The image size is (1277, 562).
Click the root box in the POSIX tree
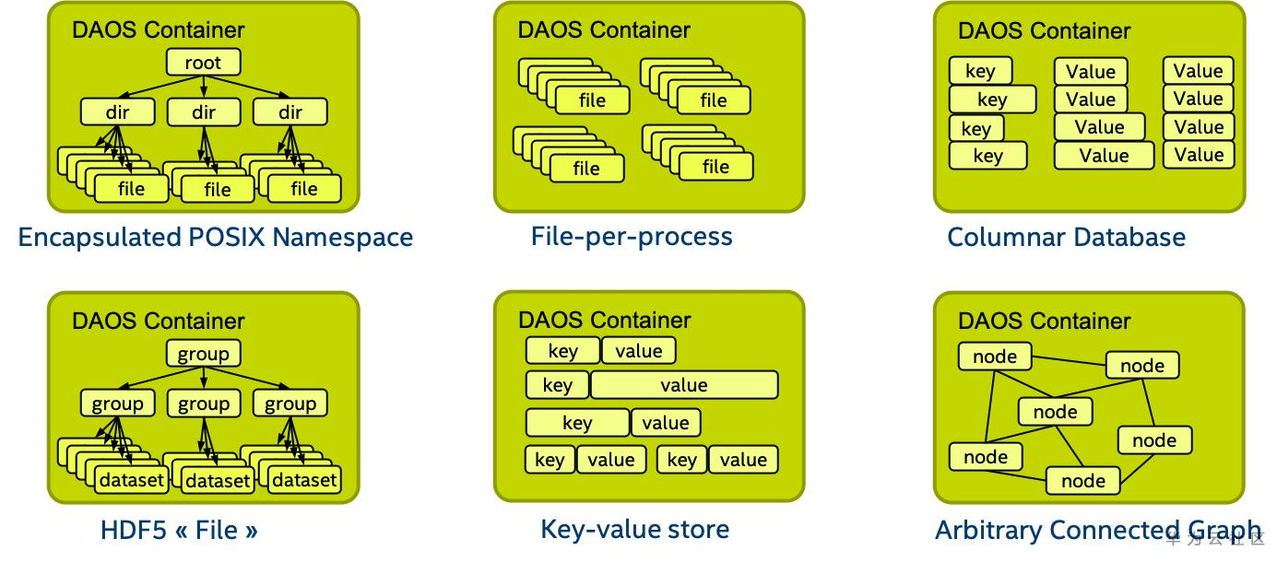(203, 63)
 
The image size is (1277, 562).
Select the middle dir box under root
(203, 112)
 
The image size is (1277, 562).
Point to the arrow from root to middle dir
(203, 87)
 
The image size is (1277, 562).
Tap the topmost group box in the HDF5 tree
(203, 354)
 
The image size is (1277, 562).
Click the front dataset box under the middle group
(218, 480)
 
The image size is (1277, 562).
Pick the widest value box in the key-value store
(683, 385)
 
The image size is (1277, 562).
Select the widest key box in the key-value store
(577, 423)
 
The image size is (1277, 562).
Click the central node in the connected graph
(1055, 411)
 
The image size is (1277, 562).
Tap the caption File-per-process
(632, 237)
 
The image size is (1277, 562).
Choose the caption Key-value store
(634, 529)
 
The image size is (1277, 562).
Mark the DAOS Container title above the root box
(159, 30)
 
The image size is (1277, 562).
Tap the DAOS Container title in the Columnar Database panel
(1044, 30)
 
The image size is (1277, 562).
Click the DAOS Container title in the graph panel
(1044, 321)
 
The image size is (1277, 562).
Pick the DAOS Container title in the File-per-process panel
(604, 29)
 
